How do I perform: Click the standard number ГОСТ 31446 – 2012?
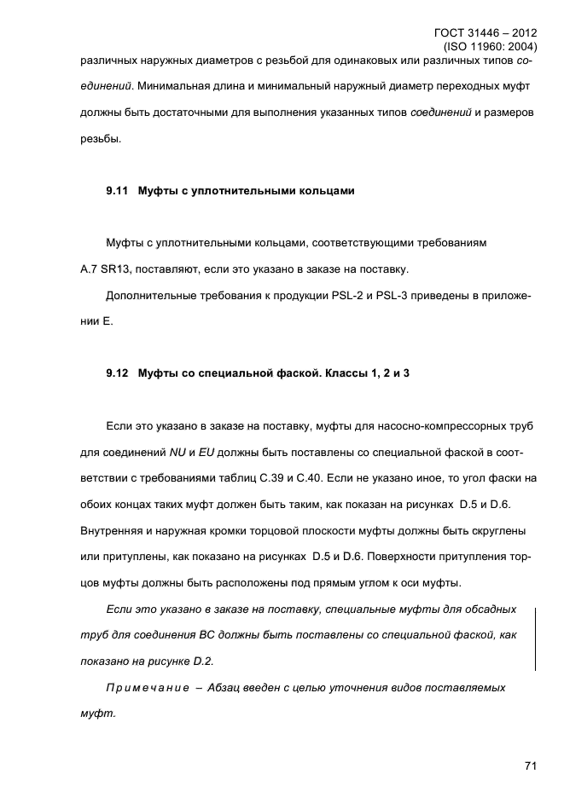[490, 33]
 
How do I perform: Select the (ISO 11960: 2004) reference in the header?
[491, 47]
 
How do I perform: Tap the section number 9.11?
[117, 191]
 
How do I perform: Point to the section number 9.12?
[117, 373]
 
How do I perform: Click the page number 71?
[530, 766]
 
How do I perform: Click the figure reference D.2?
[202, 661]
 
